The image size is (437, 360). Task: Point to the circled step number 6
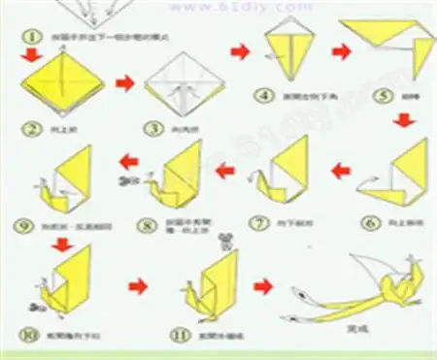tap(370, 221)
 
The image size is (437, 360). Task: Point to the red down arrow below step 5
tap(399, 120)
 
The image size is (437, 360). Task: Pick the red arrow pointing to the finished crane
tap(262, 286)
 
